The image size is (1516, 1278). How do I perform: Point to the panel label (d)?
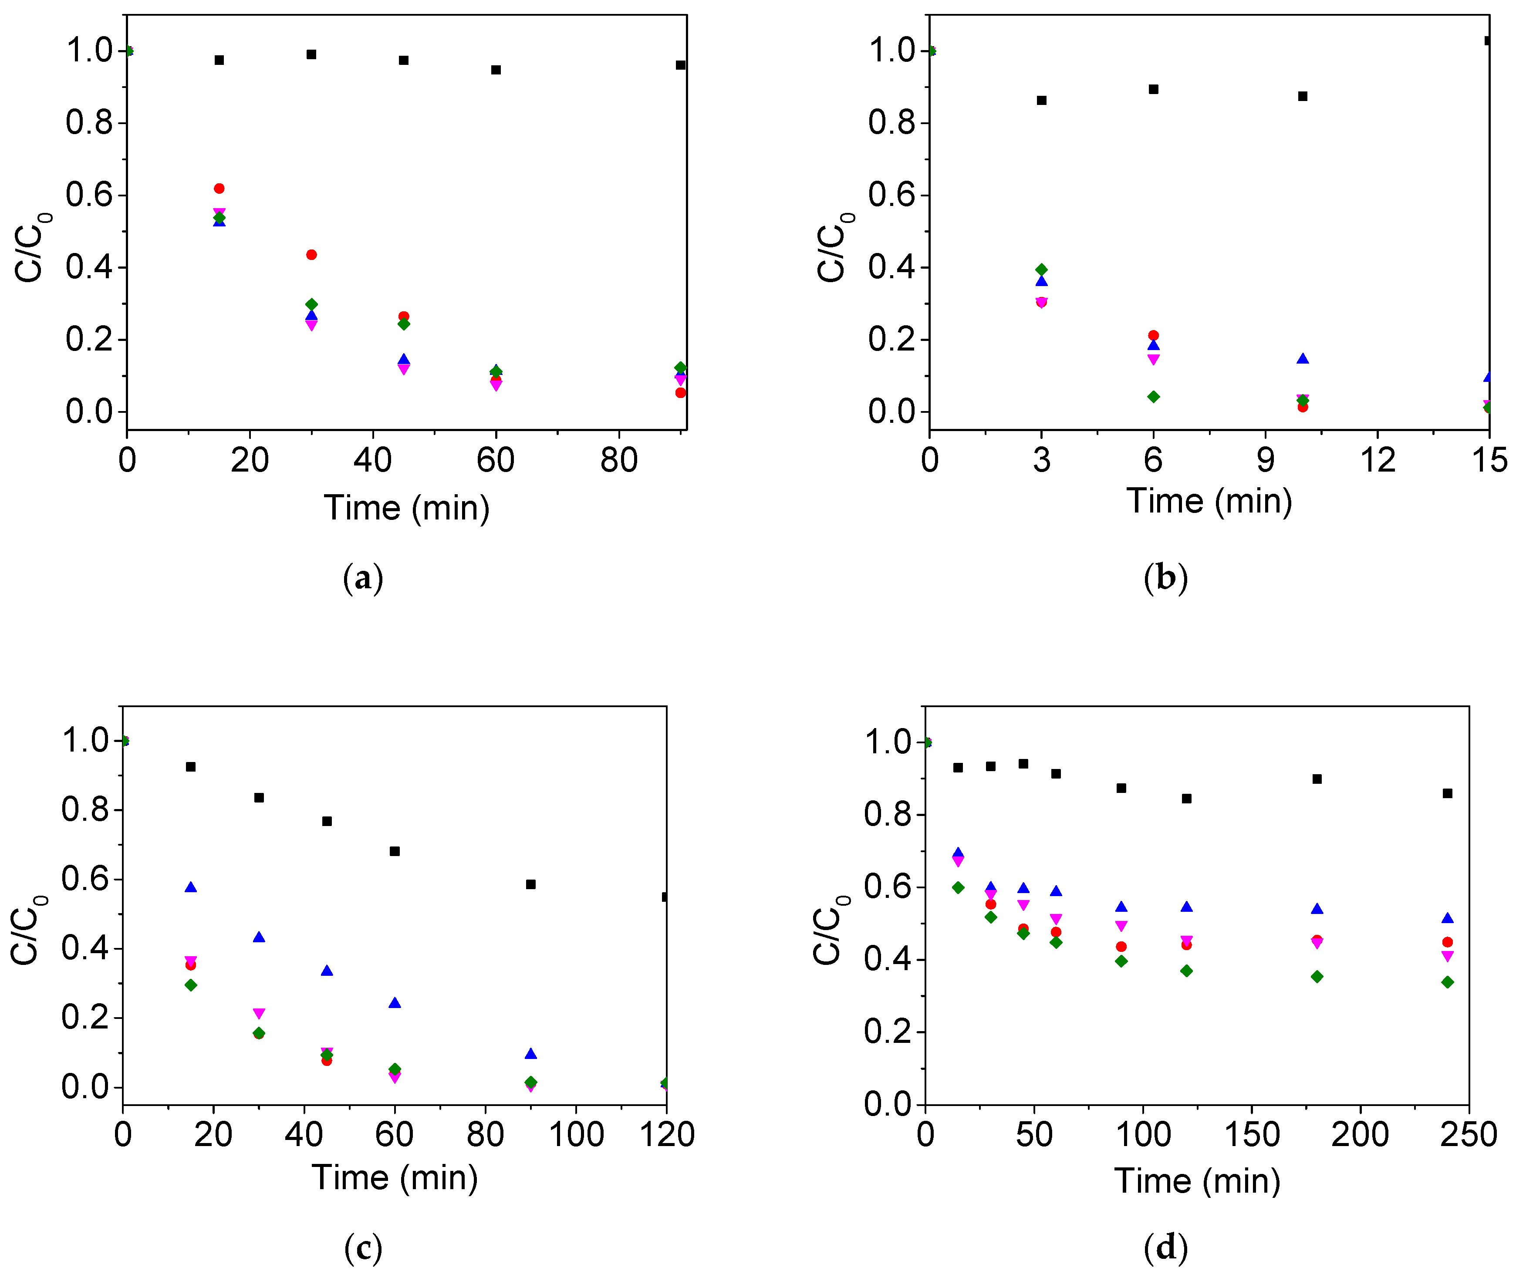pyautogui.click(x=1165, y=1247)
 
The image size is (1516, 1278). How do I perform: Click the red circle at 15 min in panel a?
pyautogui.click(x=219, y=189)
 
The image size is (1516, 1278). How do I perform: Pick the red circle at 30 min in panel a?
pyautogui.click(x=312, y=254)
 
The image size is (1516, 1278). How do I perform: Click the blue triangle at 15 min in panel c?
pyautogui.click(x=191, y=887)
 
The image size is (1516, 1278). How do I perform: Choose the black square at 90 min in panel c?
pyautogui.click(x=530, y=884)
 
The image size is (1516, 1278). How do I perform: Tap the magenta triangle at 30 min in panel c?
pyautogui.click(x=259, y=1013)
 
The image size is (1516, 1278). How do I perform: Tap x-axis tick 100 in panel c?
pyautogui.click(x=576, y=1134)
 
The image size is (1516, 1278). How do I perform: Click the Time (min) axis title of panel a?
pyautogui.click(x=406, y=507)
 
